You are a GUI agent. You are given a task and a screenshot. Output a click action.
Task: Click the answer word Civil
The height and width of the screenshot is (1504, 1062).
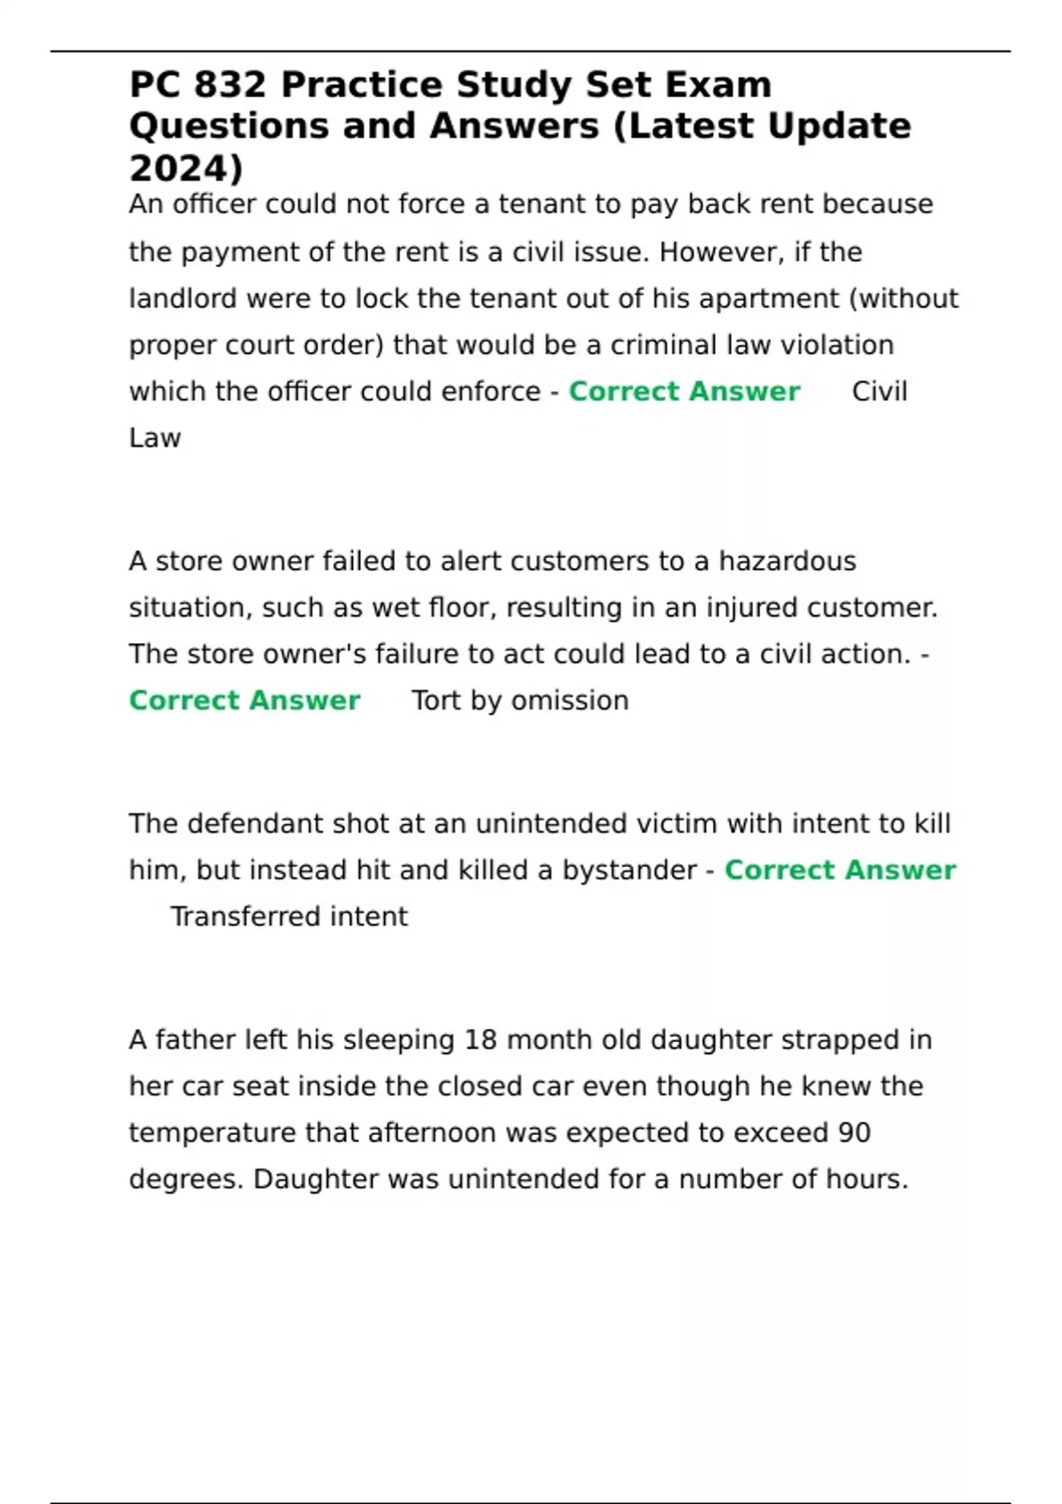tap(879, 391)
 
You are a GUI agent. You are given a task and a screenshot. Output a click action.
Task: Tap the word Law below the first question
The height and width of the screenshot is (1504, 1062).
tap(155, 438)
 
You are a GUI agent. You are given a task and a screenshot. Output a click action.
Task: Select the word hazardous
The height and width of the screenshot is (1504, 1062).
tap(787, 561)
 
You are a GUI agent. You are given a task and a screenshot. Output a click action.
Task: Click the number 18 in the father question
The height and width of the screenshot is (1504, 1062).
tap(480, 1040)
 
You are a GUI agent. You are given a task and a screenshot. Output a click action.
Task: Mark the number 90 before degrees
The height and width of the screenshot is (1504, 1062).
tap(854, 1132)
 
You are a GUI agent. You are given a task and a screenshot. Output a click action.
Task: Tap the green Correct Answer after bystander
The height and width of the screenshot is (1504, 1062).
tap(840, 871)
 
